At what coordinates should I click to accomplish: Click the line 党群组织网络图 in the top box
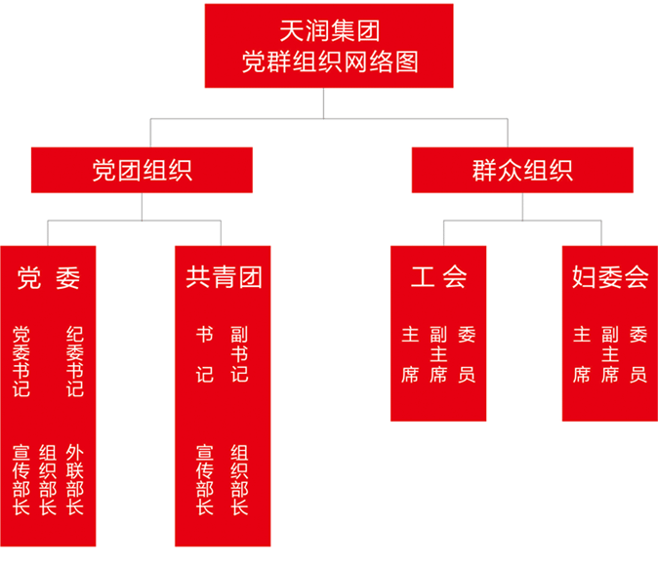pos(329,61)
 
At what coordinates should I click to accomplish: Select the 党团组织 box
pos(142,170)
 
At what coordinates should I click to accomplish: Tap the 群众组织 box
pos(516,170)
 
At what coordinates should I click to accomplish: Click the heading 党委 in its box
pos(49,279)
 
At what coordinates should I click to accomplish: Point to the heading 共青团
pos(225,279)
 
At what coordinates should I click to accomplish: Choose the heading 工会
pos(438,279)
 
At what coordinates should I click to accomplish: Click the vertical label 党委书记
pos(21,362)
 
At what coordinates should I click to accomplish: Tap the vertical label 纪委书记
pos(75,362)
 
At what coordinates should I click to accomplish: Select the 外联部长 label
pos(75,480)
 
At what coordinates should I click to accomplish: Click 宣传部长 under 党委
pos(21,480)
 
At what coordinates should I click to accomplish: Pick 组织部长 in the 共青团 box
pos(239,480)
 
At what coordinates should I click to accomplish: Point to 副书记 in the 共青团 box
pos(239,354)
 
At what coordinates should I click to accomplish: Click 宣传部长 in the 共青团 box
pos(205,480)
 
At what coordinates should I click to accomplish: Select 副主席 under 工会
pos(438,354)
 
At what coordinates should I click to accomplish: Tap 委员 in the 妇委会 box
pos(638,354)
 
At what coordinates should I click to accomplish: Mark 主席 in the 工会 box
pos(410,354)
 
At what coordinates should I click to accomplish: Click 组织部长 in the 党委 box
pos(48,480)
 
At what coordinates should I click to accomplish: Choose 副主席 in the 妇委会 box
pos(611,354)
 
